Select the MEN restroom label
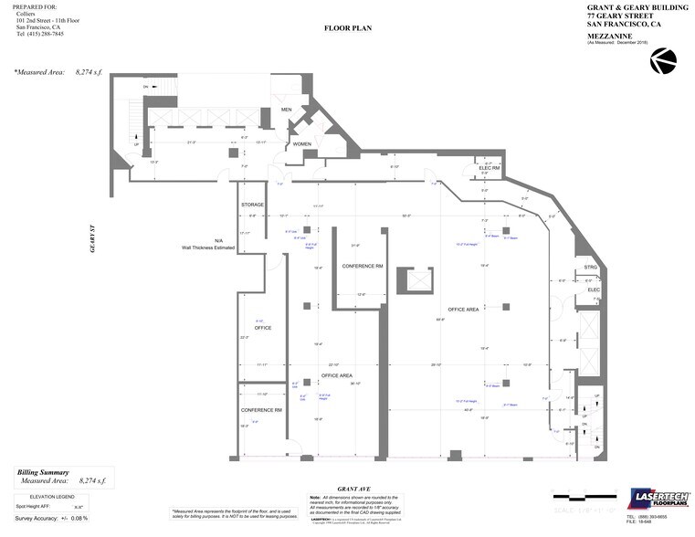[286, 110]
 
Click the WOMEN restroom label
[302, 144]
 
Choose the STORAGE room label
[252, 205]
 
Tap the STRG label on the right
[591, 268]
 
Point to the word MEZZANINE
[609, 36]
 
